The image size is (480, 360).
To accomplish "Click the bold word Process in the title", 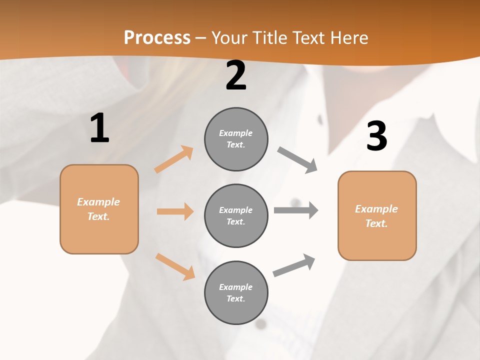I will pyautogui.click(x=157, y=38).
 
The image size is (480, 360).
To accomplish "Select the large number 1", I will pyautogui.click(x=99, y=128).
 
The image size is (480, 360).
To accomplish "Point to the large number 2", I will pyautogui.click(x=236, y=75).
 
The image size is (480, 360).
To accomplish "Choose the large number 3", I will pyautogui.click(x=376, y=136).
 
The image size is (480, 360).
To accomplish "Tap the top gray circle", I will pyautogui.click(x=236, y=139).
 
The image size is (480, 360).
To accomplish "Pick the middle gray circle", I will pyautogui.click(x=236, y=215).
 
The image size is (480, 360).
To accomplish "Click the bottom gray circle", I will pyautogui.click(x=236, y=292).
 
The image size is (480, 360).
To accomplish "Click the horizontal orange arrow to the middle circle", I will pyautogui.click(x=175, y=211).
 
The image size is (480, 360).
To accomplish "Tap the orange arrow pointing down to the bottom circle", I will pyautogui.click(x=175, y=266).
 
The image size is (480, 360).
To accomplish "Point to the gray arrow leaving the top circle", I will pyautogui.click(x=297, y=160).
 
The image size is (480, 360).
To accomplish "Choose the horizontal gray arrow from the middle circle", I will pyautogui.click(x=296, y=210).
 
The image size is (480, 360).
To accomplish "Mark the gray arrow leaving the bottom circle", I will pyautogui.click(x=294, y=265).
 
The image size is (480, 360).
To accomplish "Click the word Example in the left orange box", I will pyautogui.click(x=98, y=202).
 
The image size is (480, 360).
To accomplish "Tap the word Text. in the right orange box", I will pyautogui.click(x=376, y=223).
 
